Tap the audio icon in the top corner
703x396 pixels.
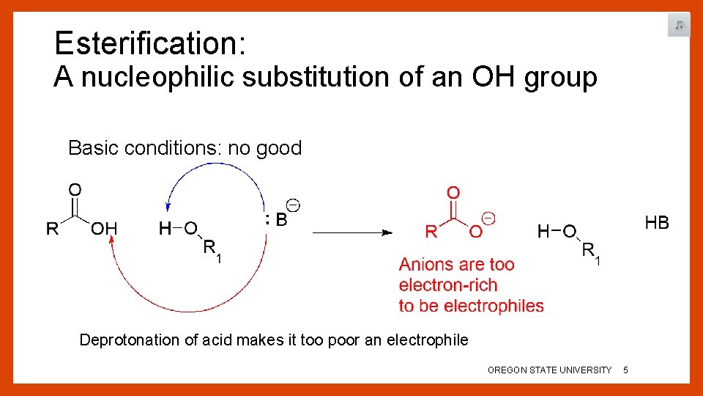click(x=679, y=26)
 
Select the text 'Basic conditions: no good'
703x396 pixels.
click(x=185, y=148)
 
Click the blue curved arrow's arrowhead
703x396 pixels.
click(x=168, y=209)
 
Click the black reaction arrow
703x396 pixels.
click(x=351, y=232)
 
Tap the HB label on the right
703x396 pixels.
click(x=656, y=222)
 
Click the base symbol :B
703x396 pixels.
click(x=277, y=219)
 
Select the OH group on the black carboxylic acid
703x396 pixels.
click(x=103, y=229)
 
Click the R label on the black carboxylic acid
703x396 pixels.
click(x=53, y=229)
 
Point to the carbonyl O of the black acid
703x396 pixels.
click(x=75, y=190)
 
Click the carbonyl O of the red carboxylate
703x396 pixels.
click(x=453, y=193)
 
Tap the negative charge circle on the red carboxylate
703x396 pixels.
click(x=488, y=219)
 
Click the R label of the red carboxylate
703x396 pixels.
click(x=431, y=232)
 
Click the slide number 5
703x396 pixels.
click(x=625, y=370)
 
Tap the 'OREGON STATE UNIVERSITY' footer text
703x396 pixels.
click(x=549, y=370)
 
